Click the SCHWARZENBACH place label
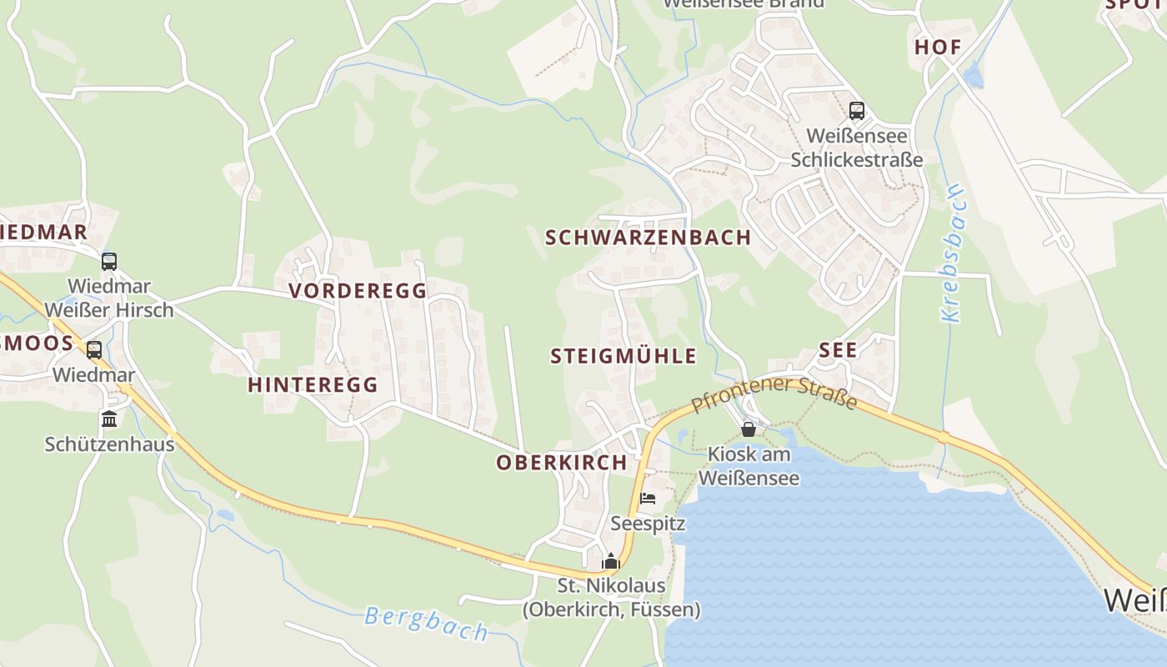(648, 238)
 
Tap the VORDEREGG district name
(358, 291)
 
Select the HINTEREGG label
(313, 384)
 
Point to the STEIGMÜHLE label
(624, 357)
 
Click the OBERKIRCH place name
(562, 463)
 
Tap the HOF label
(938, 48)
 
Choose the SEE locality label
(838, 350)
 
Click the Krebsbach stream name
(952, 253)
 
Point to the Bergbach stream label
(426, 624)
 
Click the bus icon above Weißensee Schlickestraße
(856, 111)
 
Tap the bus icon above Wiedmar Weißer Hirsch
(109, 262)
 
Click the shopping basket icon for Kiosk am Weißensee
(749, 429)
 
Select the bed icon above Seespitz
(648, 499)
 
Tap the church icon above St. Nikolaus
(611, 561)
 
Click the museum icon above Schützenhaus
(109, 419)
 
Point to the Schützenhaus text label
(109, 444)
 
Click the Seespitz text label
(648, 524)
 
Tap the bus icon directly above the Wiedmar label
(94, 350)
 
